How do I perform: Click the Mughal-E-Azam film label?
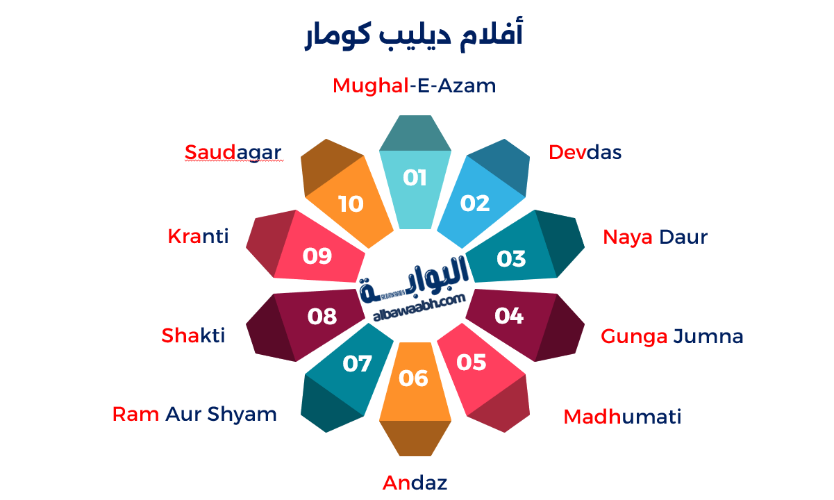point(415,86)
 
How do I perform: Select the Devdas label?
point(585,153)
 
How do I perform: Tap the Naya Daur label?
point(655,237)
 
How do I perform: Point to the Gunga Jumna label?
point(672,337)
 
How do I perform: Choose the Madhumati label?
point(622,417)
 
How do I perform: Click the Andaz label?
point(415,483)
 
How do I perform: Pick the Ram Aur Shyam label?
point(194,415)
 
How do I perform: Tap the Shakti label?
point(193,336)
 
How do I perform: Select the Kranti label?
point(198,237)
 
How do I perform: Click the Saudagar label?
point(233,153)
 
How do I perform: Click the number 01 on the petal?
point(415,178)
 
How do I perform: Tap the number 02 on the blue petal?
point(475,203)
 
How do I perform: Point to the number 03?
point(511,259)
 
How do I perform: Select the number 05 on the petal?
point(472,362)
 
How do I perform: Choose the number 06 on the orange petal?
point(414,378)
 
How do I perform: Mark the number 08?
point(322,317)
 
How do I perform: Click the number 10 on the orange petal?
point(351,204)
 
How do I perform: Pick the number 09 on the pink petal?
point(317,256)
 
